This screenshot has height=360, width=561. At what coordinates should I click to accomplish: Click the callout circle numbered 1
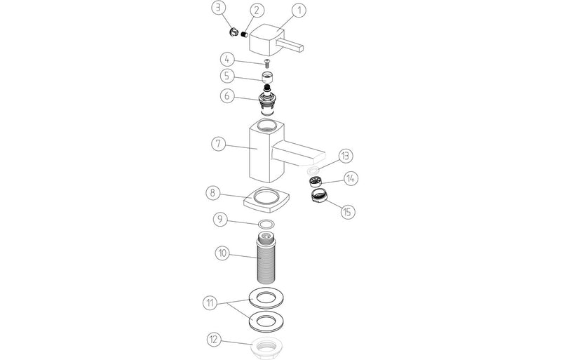point(299,11)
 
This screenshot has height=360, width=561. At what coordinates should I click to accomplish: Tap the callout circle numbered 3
point(218,8)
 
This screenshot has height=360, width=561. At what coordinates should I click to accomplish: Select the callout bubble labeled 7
point(219,144)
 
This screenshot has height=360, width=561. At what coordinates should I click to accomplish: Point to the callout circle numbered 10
point(222,253)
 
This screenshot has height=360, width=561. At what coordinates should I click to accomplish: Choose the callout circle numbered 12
point(214,340)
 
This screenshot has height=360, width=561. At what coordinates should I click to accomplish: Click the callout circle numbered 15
point(347,212)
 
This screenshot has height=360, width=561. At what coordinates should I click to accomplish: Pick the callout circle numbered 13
point(345,156)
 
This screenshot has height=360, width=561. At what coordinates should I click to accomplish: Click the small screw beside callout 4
point(266,64)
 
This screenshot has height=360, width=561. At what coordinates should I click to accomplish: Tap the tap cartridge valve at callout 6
point(266,100)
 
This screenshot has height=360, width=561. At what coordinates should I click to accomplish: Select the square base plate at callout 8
point(266,199)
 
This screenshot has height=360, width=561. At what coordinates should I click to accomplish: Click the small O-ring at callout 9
point(266,224)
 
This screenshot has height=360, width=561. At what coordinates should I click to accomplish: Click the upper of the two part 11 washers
point(266,298)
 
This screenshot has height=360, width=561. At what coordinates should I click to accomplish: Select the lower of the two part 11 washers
point(266,321)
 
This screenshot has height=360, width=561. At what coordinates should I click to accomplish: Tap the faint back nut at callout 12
point(266,348)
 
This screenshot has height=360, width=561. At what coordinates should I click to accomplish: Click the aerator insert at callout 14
point(316,181)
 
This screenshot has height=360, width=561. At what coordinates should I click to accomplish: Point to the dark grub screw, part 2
point(244,35)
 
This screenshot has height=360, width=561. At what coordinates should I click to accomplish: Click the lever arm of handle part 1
point(290,45)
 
